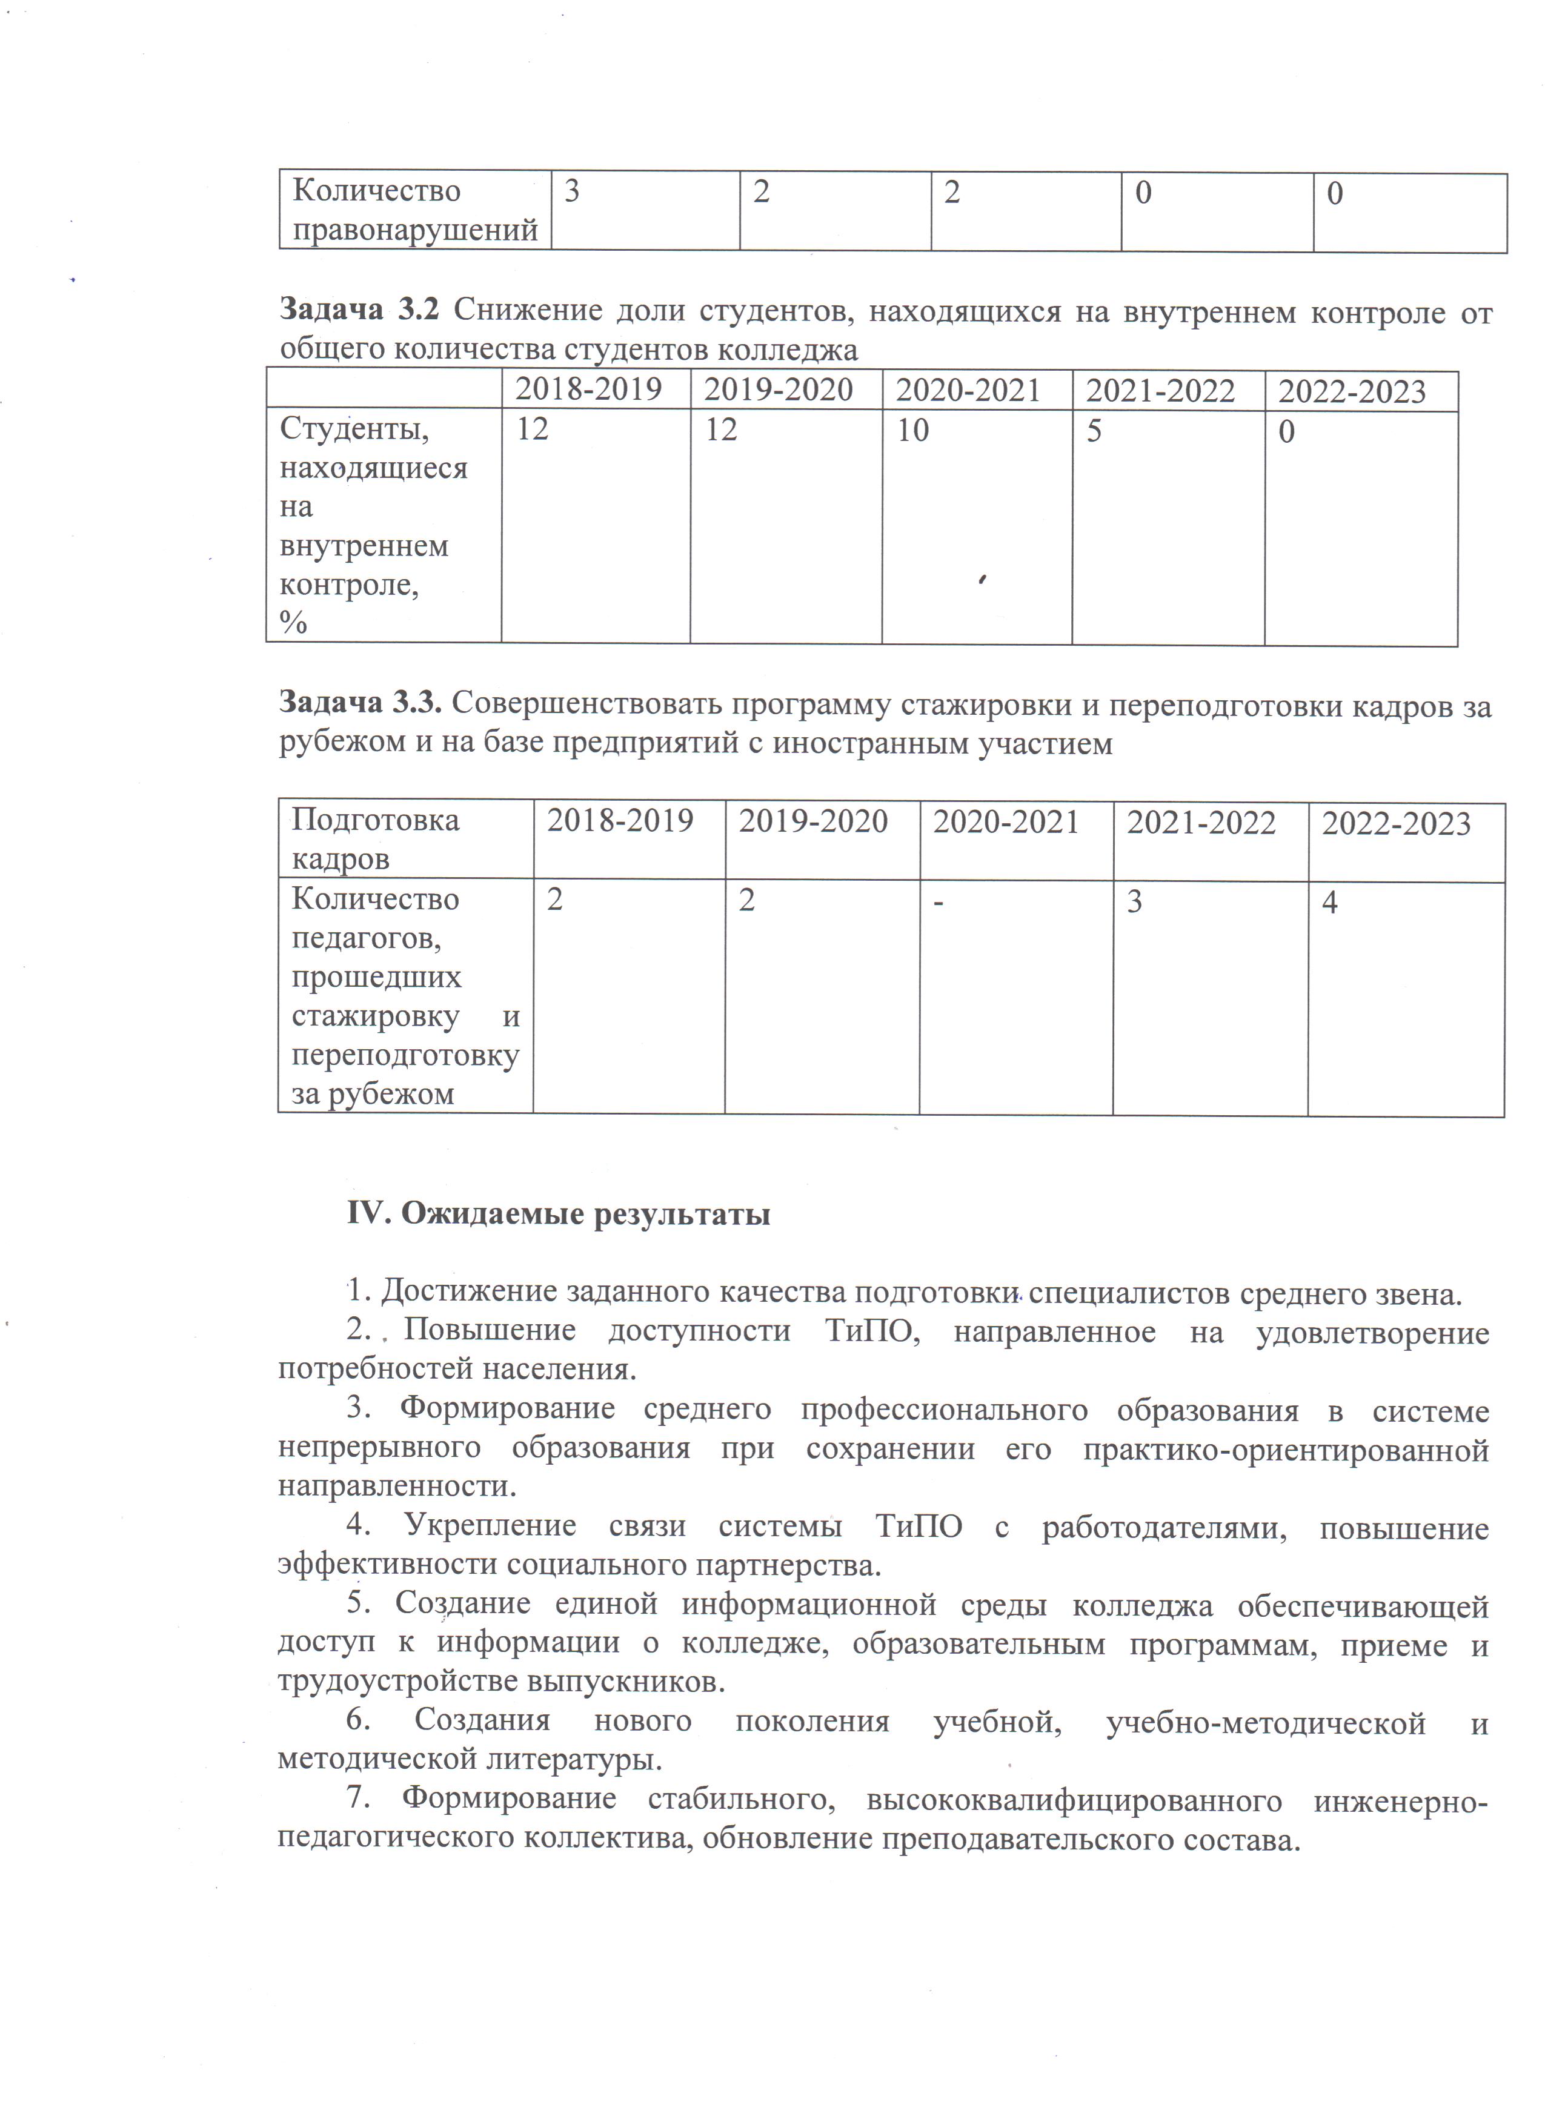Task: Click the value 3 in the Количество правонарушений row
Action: [571, 192]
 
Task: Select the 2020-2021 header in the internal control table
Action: [968, 390]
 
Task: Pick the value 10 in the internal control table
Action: [912, 430]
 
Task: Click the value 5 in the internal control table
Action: [1094, 430]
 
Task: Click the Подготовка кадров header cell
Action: [375, 838]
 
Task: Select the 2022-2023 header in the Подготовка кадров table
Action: [1395, 824]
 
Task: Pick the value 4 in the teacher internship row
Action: [1329, 903]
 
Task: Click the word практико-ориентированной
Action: [1286, 1450]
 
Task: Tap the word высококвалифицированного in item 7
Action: [1075, 1800]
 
